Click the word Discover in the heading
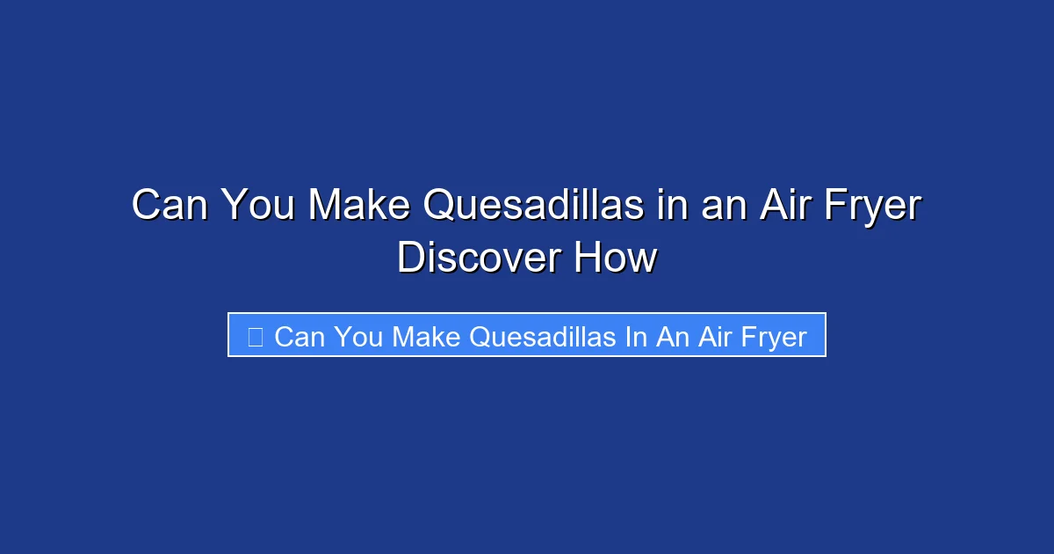click(480, 259)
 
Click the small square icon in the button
click(255, 336)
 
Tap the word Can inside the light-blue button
click(300, 337)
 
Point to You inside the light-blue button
click(358, 337)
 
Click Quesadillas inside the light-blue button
click(543, 337)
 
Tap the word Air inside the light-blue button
click(715, 337)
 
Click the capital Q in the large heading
click(438, 207)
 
